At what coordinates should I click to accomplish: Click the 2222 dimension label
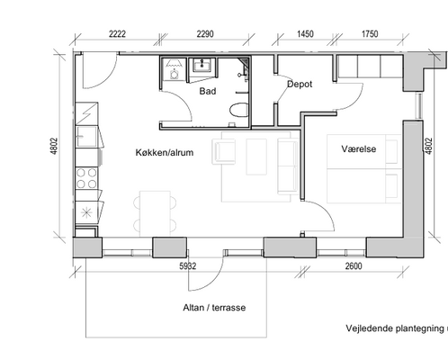[117, 34]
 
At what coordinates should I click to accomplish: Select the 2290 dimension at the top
[205, 34]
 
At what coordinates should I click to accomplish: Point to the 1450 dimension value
[305, 34]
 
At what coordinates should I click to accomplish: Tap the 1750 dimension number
[370, 34]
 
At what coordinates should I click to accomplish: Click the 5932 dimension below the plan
[188, 266]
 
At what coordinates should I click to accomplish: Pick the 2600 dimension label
[354, 266]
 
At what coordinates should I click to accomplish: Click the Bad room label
[208, 91]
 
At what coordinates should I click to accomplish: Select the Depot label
[300, 85]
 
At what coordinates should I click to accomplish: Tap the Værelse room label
[359, 148]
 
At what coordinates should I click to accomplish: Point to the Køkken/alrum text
[165, 152]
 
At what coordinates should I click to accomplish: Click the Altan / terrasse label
[214, 308]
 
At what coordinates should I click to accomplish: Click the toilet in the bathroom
[239, 110]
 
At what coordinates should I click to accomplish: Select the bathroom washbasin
[202, 65]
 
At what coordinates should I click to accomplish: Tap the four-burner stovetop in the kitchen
[86, 178]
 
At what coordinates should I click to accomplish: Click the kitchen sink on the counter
[86, 137]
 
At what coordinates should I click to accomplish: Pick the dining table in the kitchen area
[155, 213]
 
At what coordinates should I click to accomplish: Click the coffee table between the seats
[256, 157]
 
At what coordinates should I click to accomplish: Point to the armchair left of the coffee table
[223, 151]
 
